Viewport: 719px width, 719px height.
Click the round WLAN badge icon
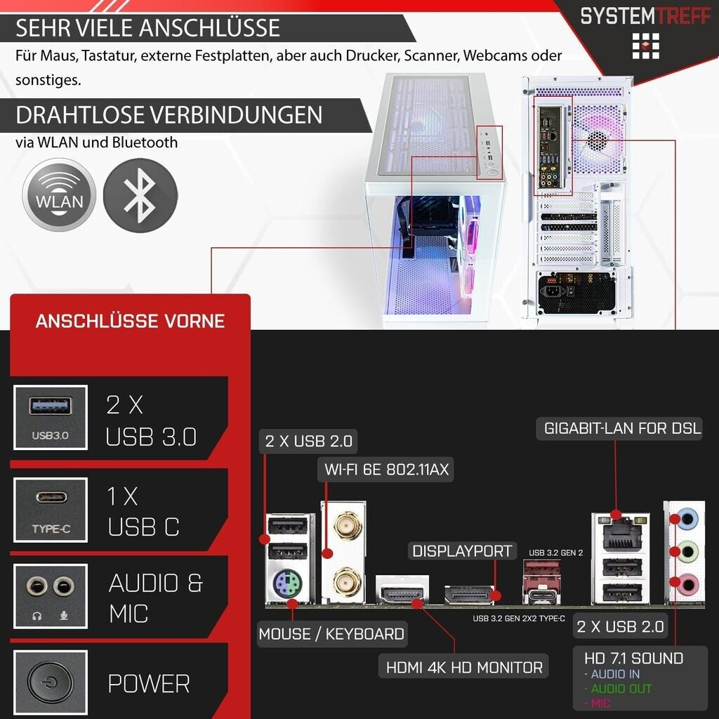[59, 194]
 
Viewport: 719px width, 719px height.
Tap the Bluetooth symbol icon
[140, 195]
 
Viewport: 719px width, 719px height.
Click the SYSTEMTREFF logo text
[645, 15]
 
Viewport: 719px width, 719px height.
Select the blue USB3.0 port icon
[50, 407]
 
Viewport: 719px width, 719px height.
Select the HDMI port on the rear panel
[401, 594]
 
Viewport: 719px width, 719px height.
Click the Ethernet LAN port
[620, 535]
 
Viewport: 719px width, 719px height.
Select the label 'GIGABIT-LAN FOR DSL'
[622, 428]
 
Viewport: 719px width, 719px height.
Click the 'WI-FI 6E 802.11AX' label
[386, 469]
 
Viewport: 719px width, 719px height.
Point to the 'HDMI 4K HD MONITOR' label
[464, 667]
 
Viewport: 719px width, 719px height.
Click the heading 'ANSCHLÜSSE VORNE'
[130, 322]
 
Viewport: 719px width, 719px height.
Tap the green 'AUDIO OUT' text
[621, 689]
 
